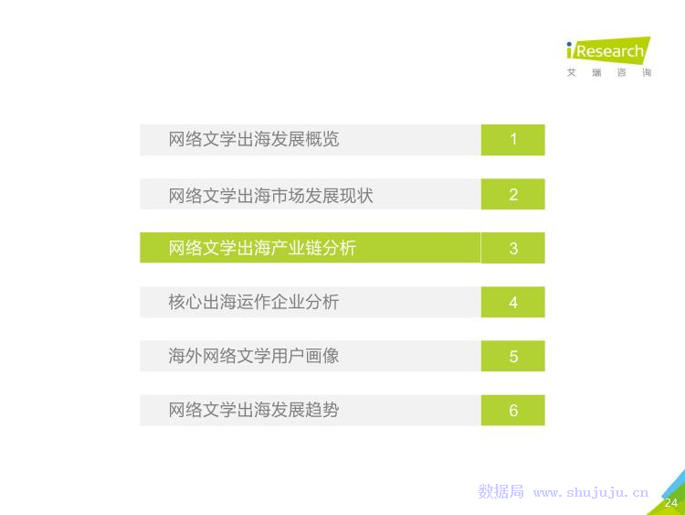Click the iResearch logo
tap(608, 50)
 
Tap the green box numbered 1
tap(513, 140)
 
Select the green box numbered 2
tap(513, 194)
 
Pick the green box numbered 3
tap(513, 248)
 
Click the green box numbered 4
tap(513, 302)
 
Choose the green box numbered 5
tap(513, 356)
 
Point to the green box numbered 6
tap(513, 410)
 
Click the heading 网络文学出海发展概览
tap(254, 140)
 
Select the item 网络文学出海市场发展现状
tap(271, 195)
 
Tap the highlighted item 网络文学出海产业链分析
tap(262, 248)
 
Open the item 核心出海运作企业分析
tap(254, 302)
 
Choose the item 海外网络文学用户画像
tap(254, 356)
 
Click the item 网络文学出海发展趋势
tap(254, 410)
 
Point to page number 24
tap(671, 503)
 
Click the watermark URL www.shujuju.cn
tap(591, 493)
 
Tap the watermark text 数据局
tap(501, 492)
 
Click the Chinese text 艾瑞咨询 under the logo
tap(609, 72)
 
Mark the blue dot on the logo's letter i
tap(569, 44)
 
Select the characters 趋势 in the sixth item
tap(322, 410)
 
